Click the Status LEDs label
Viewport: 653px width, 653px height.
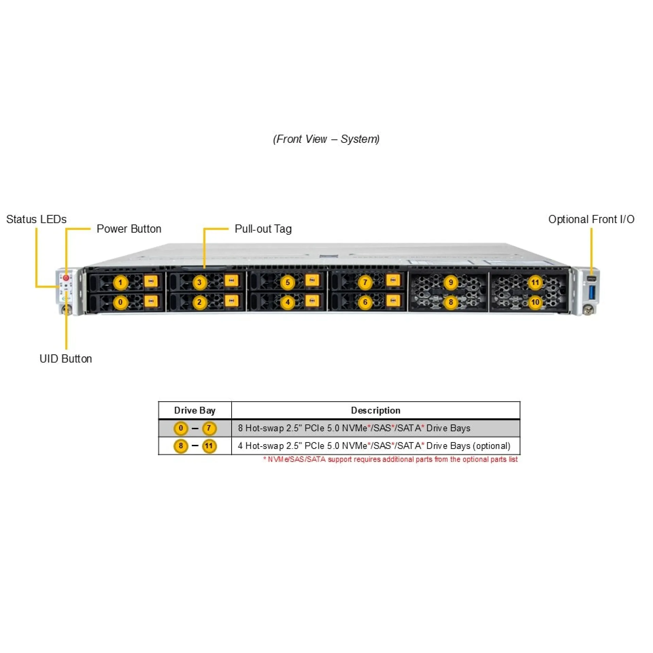(x=36, y=219)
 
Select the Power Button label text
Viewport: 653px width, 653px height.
(x=129, y=229)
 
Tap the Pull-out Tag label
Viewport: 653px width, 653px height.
(x=263, y=229)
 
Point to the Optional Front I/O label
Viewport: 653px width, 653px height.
(x=591, y=219)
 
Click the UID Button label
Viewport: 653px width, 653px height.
(x=66, y=359)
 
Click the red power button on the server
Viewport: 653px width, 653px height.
(x=66, y=278)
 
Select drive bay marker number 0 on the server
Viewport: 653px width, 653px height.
(x=120, y=302)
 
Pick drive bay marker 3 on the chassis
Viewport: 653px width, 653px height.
(x=199, y=282)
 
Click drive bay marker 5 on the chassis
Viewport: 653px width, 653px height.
(x=288, y=282)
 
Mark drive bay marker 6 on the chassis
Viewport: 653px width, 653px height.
(x=365, y=302)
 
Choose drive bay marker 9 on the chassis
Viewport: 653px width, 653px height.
(x=451, y=282)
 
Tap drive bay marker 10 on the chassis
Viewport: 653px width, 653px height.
(x=535, y=302)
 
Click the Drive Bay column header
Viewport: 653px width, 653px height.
(x=195, y=411)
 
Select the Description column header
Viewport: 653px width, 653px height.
(x=375, y=411)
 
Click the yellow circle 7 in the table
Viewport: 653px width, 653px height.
(x=209, y=428)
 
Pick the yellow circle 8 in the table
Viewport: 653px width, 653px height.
(x=181, y=446)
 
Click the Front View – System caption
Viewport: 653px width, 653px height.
(x=326, y=139)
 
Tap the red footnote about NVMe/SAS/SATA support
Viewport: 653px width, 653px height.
(x=390, y=459)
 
